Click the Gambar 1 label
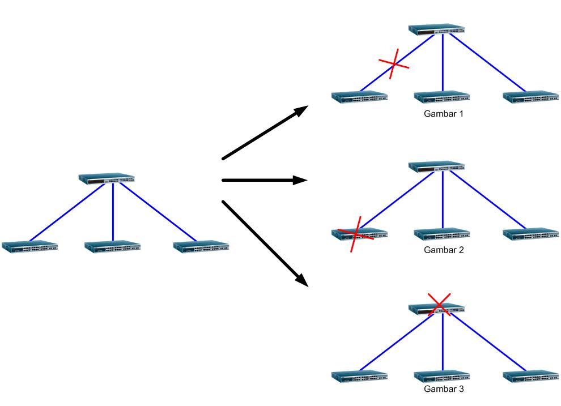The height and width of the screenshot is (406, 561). (x=444, y=114)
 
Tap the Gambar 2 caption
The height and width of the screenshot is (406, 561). (x=444, y=250)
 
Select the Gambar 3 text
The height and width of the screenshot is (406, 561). (x=444, y=389)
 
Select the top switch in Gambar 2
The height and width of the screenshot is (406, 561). (x=436, y=166)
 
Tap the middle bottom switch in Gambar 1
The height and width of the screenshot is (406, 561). (x=441, y=96)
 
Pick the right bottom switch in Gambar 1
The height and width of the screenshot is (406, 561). (x=531, y=96)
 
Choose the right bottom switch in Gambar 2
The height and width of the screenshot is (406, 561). (x=531, y=233)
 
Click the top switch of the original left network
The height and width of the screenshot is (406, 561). (x=107, y=178)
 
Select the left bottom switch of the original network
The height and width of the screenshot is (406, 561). (x=29, y=246)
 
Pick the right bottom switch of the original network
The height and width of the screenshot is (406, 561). (x=201, y=246)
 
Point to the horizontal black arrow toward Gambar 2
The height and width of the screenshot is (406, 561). (x=264, y=181)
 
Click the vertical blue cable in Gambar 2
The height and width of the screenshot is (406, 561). (x=442, y=201)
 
